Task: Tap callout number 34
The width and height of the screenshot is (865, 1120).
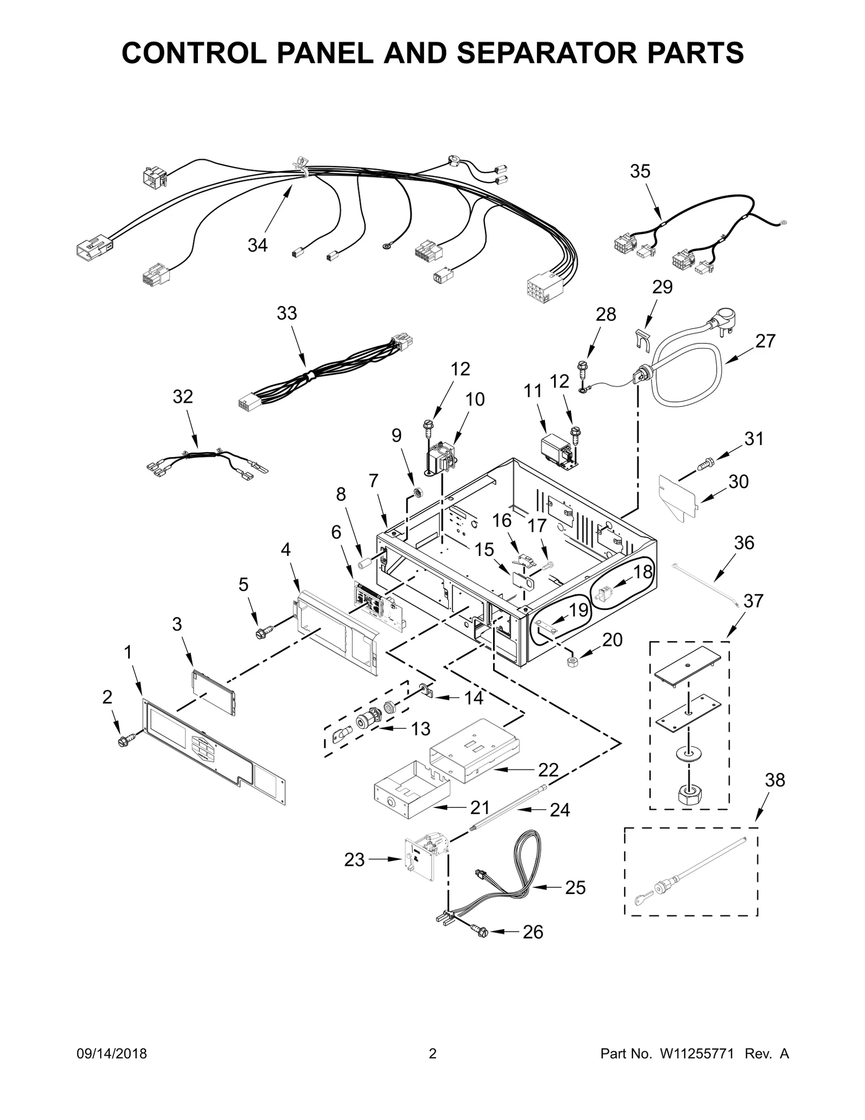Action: pyautogui.click(x=257, y=246)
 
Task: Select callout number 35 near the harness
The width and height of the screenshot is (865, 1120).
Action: pyautogui.click(x=640, y=171)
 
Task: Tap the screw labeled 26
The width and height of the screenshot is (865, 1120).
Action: pyautogui.click(x=481, y=931)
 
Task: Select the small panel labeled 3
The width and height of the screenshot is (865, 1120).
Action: pyautogui.click(x=214, y=693)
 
